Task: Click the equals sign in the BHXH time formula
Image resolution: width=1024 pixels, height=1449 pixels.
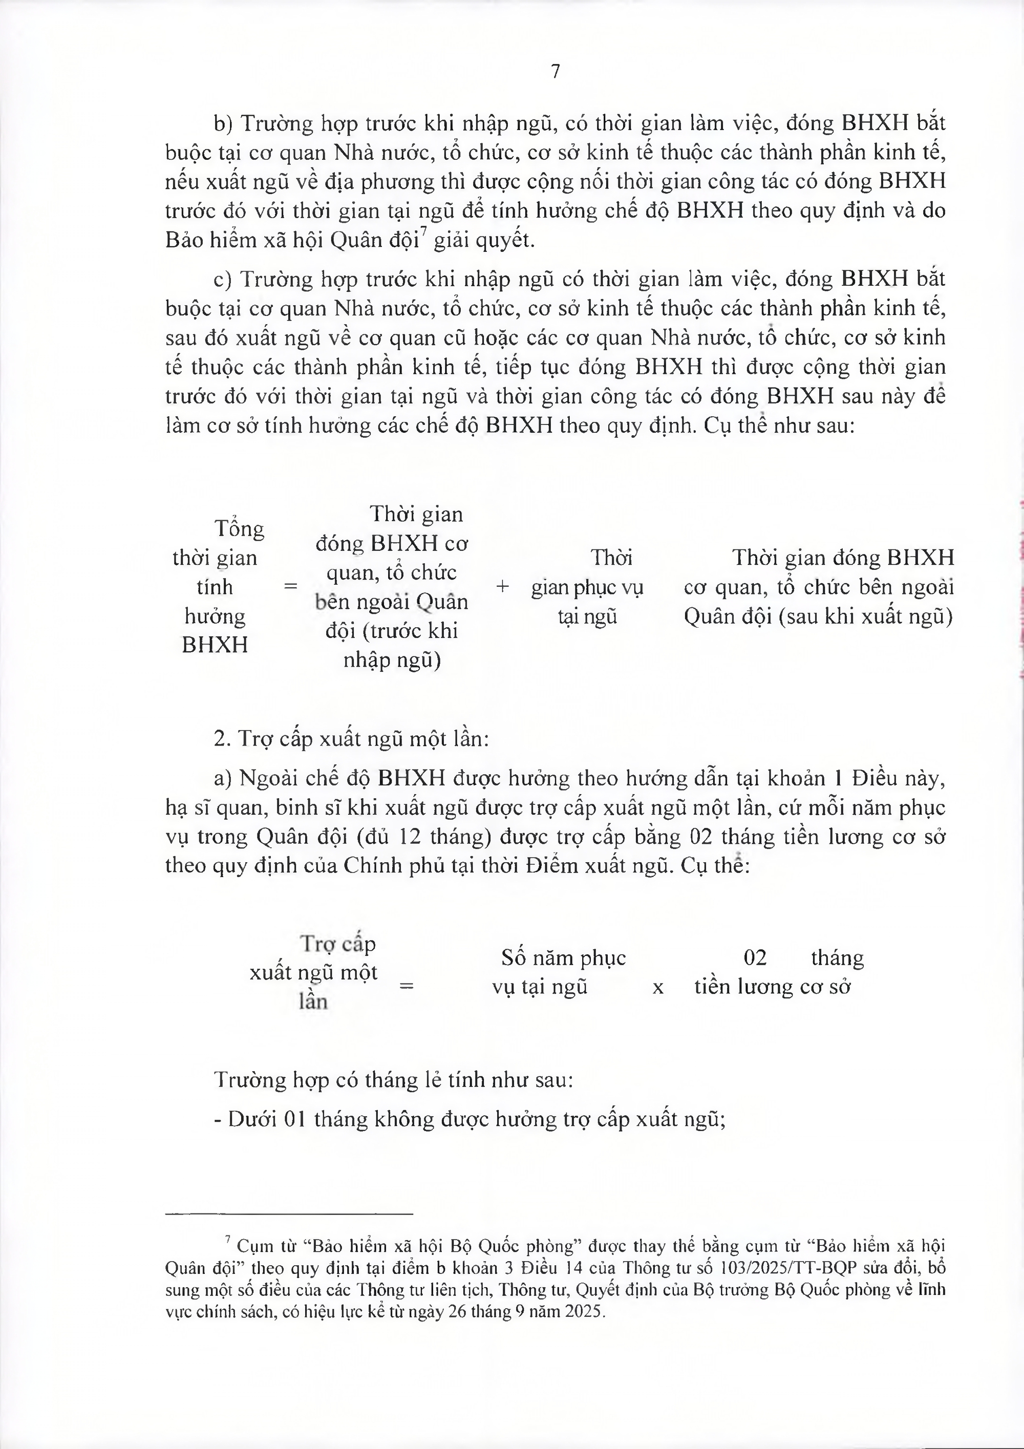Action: (290, 586)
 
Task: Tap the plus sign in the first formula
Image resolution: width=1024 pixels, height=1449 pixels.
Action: (502, 586)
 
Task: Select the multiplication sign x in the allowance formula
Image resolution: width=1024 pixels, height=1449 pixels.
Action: (657, 987)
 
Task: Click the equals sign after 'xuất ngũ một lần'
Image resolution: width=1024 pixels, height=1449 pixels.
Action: (407, 985)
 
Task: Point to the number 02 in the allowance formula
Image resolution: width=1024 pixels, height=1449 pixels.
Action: (755, 958)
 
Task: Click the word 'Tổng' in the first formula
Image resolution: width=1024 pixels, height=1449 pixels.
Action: (239, 528)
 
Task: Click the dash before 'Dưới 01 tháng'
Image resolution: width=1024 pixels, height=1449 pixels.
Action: (218, 1120)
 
